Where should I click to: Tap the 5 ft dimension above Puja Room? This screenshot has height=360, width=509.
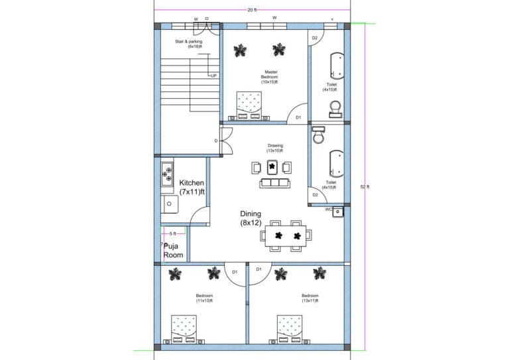click(x=172, y=233)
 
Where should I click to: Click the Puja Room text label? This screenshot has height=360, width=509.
click(x=174, y=249)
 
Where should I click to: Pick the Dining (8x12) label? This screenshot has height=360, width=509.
click(x=251, y=219)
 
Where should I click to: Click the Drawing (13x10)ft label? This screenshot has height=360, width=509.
click(x=275, y=148)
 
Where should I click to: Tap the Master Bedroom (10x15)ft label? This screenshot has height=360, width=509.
click(x=270, y=77)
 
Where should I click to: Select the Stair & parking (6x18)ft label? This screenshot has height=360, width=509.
click(x=188, y=44)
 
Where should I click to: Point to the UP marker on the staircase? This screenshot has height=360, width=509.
click(x=213, y=76)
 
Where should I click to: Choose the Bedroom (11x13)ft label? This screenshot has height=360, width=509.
click(x=204, y=298)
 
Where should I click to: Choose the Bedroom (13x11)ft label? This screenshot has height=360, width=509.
click(x=310, y=298)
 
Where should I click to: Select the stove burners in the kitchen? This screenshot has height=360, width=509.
click(x=166, y=174)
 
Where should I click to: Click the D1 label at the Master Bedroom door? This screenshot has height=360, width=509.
click(x=298, y=117)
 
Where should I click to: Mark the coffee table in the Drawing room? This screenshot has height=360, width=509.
click(x=271, y=166)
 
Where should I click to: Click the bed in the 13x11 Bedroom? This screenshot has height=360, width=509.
click(x=290, y=328)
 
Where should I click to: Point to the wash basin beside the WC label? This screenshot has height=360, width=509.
click(x=338, y=212)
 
